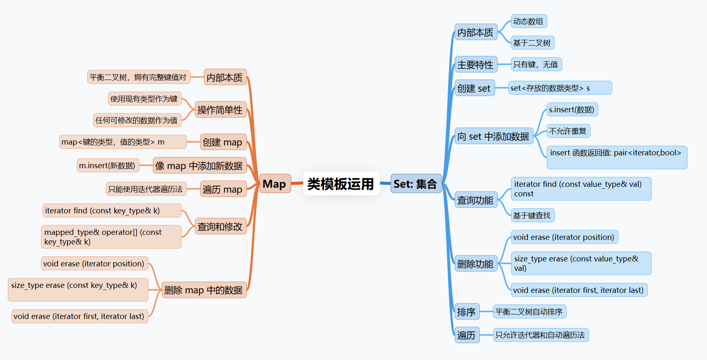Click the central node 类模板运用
[341, 184]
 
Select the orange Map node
[274, 184]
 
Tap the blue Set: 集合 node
[415, 184]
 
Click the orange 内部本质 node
[225, 77]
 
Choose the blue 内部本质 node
[475, 32]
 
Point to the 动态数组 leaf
[528, 21]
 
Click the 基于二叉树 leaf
[532, 43]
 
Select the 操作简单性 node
[220, 110]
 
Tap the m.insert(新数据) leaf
[107, 166]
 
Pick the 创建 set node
[474, 88]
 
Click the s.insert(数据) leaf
[572, 110]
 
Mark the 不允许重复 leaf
[568, 131]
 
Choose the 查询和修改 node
[220, 227]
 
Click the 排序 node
[466, 312]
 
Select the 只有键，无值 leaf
[536, 65]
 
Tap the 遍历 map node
[222, 189]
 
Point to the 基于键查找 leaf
[532, 215]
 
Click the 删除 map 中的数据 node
[203, 290]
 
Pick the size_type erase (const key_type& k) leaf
[77, 290]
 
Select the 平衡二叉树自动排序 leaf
[529, 312]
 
